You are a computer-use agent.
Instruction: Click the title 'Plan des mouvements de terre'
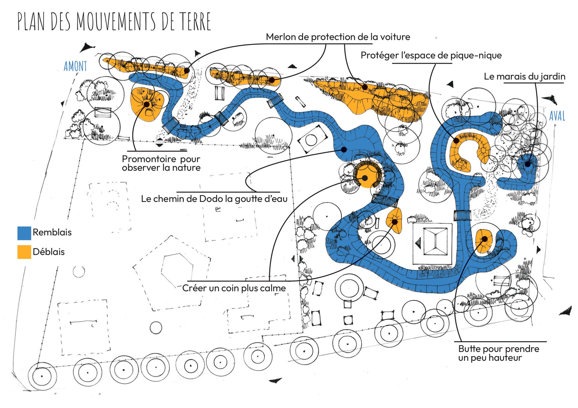[114, 22]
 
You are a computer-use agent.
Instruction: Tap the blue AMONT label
[75, 66]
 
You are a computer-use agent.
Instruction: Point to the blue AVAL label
[557, 116]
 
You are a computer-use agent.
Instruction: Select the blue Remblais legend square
[24, 233]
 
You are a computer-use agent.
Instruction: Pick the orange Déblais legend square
[24, 252]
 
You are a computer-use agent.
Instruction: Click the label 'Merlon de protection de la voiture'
[338, 37]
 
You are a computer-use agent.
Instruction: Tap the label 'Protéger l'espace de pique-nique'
[431, 55]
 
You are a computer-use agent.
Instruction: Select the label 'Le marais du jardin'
[524, 77]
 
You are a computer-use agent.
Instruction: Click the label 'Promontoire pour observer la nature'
[161, 163]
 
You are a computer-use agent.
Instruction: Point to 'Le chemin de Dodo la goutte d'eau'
[214, 199]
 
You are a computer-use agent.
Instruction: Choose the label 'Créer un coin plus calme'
[234, 288]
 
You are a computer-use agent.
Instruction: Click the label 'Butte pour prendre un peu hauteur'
[499, 353]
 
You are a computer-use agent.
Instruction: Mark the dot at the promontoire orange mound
[147, 104]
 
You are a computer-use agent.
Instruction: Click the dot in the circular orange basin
[365, 178]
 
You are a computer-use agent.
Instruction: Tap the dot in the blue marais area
[527, 164]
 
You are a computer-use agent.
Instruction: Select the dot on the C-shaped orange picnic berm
[456, 140]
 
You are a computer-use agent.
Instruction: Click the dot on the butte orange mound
[484, 239]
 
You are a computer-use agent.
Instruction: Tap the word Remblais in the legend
[52, 232]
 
